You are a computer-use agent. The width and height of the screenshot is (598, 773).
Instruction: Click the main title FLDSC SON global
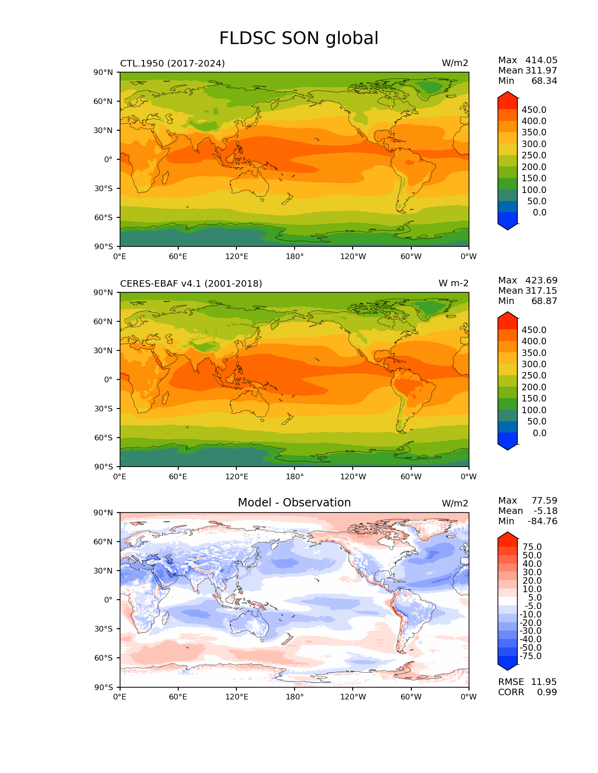[299, 38]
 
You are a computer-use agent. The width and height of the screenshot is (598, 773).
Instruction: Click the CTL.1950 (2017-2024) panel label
[172, 63]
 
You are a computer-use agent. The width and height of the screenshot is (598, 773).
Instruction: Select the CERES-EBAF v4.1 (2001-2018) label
[191, 283]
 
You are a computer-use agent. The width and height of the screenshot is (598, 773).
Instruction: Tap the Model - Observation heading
[294, 503]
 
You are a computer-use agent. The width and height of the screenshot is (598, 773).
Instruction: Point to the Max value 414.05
[541, 60]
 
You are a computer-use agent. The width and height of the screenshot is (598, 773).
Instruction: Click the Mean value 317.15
[541, 291]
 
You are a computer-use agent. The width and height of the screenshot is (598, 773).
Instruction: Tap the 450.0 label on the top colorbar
[534, 110]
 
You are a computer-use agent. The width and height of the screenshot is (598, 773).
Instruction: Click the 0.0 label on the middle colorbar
[539, 433]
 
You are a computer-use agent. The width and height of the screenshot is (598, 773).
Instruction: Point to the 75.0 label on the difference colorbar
[532, 547]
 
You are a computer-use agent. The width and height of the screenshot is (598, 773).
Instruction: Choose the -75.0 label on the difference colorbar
[531, 656]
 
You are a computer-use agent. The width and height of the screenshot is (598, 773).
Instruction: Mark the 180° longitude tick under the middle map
[295, 477]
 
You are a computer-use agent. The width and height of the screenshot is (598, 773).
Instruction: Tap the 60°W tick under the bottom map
[411, 697]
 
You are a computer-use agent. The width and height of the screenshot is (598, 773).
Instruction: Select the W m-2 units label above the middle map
[453, 283]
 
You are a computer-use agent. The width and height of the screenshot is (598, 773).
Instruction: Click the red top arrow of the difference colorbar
[507, 537]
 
